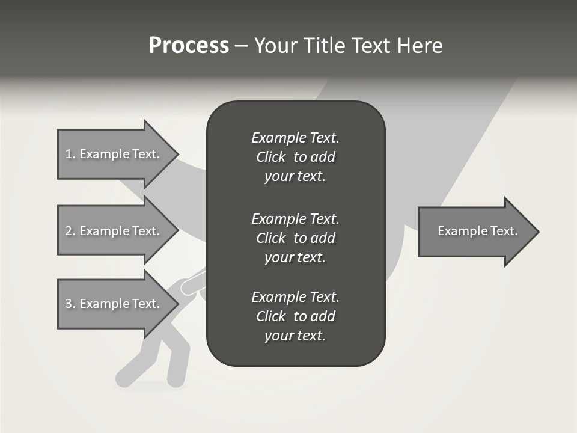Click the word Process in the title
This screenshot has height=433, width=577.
[x=189, y=46]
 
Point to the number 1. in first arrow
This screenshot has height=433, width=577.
[x=70, y=154]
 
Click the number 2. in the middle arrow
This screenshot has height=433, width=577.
[x=70, y=231]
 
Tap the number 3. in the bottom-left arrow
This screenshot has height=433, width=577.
[x=70, y=304]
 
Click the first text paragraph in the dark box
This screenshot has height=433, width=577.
[x=295, y=157]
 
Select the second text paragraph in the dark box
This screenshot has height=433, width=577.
[x=295, y=238]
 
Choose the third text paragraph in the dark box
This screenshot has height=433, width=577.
[x=295, y=316]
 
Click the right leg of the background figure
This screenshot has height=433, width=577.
[x=177, y=367]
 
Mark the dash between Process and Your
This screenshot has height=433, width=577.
[x=242, y=46]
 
